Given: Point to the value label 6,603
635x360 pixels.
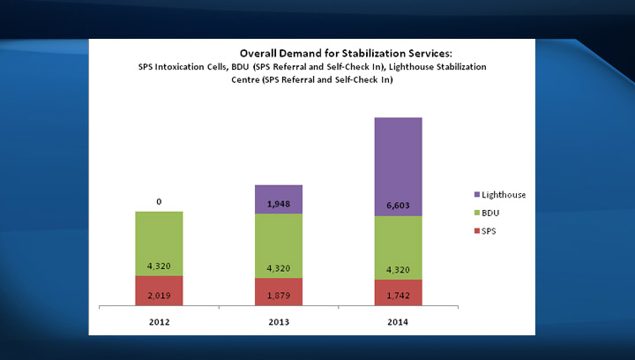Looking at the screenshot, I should (x=398, y=205).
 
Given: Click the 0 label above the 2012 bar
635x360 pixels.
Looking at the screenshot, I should (x=159, y=202).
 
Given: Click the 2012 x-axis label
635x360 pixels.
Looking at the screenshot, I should (x=159, y=322).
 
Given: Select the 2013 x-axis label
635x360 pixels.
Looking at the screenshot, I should (x=279, y=322).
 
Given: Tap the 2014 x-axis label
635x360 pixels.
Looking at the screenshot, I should (x=398, y=322).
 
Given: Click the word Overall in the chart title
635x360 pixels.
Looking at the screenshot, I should (x=261, y=53).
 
